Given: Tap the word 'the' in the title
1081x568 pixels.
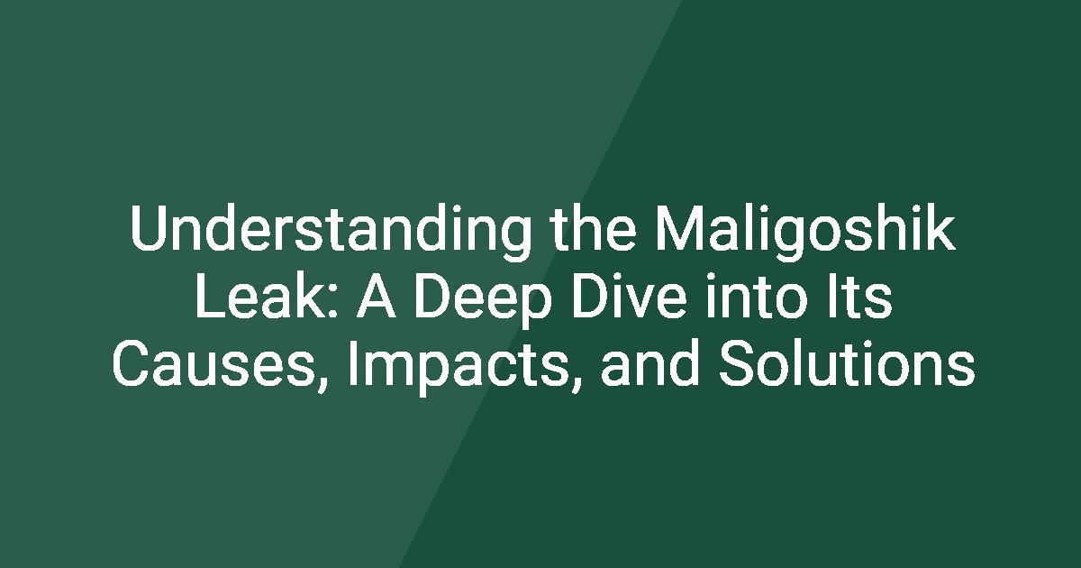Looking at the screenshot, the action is pos(593,229).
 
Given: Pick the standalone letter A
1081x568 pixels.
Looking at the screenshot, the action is pos(377,297).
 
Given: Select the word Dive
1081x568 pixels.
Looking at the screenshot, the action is pos(630,296).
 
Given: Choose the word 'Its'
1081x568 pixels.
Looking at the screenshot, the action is pos(860,297).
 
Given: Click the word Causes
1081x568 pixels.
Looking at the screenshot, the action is pos(213,364).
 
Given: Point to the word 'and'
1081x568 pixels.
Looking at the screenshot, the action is pos(650,363).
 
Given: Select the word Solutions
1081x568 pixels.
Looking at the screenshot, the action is pos(847,363).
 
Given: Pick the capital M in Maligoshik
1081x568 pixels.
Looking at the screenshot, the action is pos(677,229).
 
